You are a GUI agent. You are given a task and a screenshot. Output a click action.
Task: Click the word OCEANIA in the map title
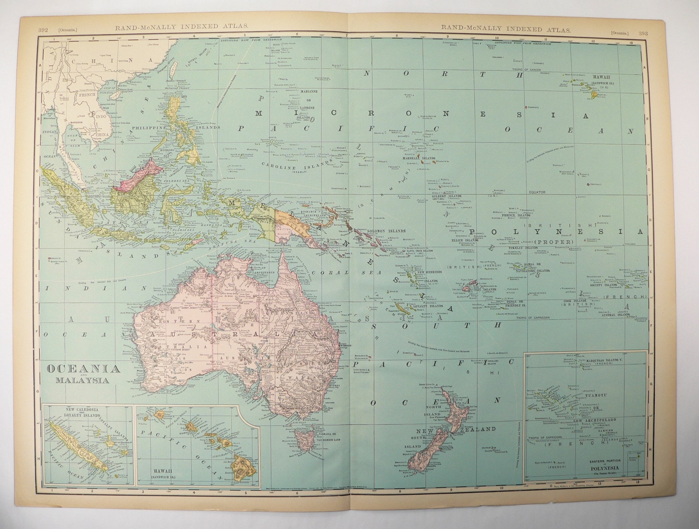(x=84, y=369)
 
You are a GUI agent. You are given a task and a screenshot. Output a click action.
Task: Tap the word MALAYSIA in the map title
(x=82, y=380)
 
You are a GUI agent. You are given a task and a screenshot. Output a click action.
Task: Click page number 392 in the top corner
(x=43, y=30)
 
